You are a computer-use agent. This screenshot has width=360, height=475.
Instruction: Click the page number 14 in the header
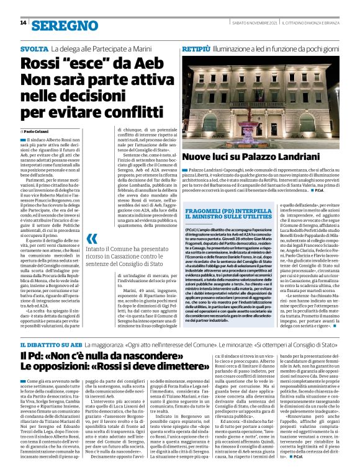click(x=23, y=23)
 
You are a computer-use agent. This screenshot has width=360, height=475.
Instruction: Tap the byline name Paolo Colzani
click(x=38, y=132)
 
